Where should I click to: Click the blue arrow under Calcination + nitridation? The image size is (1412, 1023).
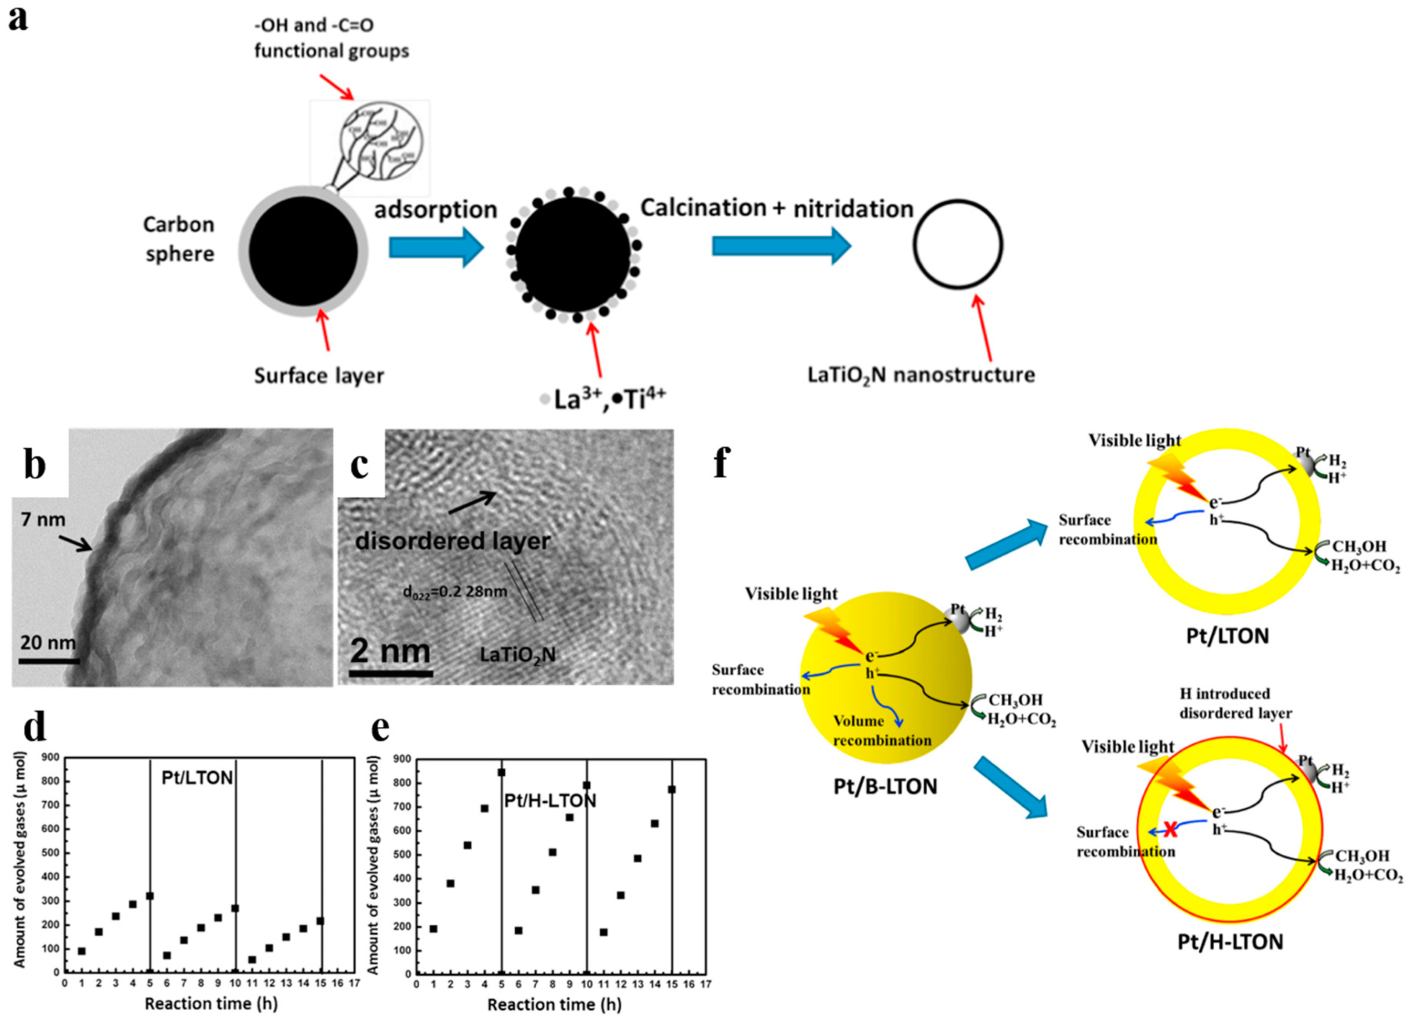pyautogui.click(x=781, y=245)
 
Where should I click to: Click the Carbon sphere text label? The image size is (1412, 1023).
pyautogui.click(x=179, y=239)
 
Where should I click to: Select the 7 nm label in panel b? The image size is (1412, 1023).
pyautogui.click(x=43, y=519)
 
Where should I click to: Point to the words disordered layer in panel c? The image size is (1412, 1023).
pyautogui.click(x=452, y=541)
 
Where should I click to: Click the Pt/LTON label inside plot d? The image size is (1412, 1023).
pyautogui.click(x=197, y=778)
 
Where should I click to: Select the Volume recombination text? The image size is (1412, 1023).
pyautogui.click(x=882, y=731)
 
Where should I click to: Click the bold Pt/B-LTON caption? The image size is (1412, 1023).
pyautogui.click(x=885, y=787)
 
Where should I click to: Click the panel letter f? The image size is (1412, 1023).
pyautogui.click(x=721, y=464)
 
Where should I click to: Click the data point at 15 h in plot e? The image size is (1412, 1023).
pyautogui.click(x=672, y=790)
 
